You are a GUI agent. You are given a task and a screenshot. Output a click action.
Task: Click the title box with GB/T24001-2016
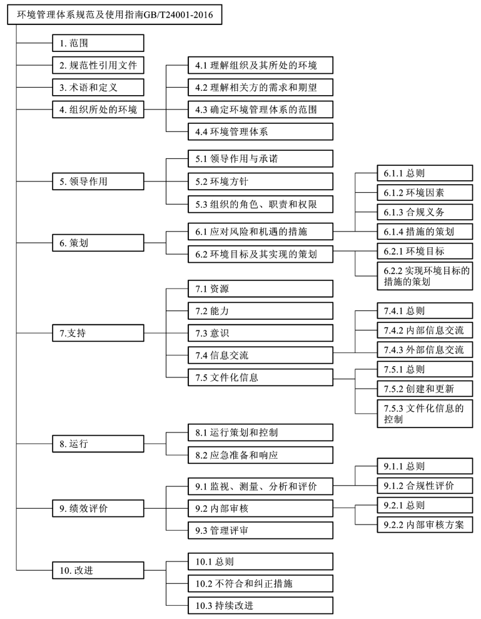(x=114, y=14)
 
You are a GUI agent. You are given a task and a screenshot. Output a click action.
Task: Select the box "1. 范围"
(x=98, y=43)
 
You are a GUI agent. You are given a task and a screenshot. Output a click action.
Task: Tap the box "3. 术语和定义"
(x=98, y=87)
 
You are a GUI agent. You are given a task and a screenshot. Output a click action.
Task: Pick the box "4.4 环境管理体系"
(x=260, y=131)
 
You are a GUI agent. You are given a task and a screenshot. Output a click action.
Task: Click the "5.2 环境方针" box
(x=260, y=182)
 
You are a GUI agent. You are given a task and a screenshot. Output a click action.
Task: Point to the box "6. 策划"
(x=98, y=243)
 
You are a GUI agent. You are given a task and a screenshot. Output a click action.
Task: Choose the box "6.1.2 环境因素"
(x=425, y=193)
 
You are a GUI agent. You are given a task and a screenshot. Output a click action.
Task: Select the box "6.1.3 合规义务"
(x=425, y=212)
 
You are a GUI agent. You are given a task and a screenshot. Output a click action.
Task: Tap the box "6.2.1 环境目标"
(x=425, y=251)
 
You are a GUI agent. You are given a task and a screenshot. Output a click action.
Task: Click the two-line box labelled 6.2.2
(x=425, y=276)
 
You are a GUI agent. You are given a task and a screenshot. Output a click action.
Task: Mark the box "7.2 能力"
(x=260, y=311)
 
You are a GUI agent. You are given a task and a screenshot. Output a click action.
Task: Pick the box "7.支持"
(x=98, y=333)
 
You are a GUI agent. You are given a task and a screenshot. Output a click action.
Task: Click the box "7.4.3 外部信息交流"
(x=425, y=350)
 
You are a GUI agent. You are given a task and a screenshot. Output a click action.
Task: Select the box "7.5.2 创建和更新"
(x=425, y=389)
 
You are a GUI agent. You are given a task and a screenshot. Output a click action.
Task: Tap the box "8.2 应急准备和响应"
(x=260, y=455)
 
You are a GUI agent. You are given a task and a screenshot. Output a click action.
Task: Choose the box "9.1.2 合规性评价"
(x=425, y=486)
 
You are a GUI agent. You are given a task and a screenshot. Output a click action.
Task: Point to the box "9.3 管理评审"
(x=260, y=531)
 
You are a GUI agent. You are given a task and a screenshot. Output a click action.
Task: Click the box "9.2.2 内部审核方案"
(x=425, y=524)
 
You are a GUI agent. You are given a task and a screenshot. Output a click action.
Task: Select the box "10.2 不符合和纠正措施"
(x=260, y=583)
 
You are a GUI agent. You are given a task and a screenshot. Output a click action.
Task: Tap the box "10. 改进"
(x=98, y=570)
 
